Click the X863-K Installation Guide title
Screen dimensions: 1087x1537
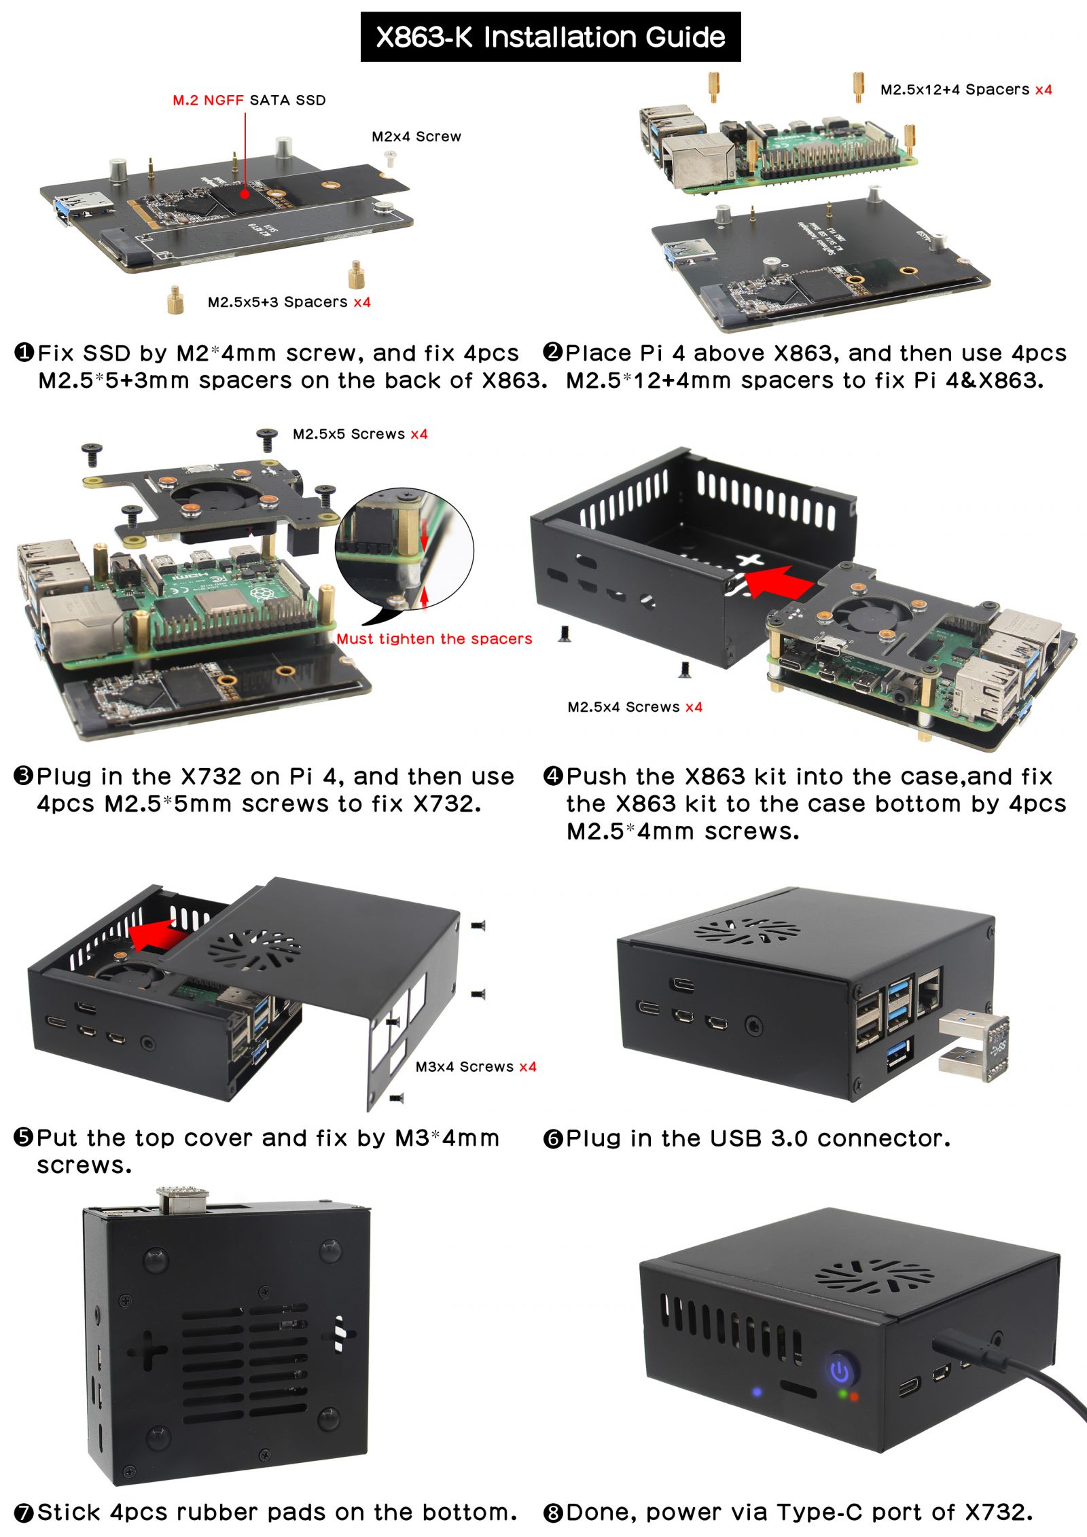click(550, 37)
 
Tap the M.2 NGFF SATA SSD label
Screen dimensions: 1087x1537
click(249, 101)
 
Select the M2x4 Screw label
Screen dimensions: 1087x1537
click(416, 137)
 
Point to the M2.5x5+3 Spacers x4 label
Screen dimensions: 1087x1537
click(289, 302)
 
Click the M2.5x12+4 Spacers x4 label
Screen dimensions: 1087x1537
click(966, 90)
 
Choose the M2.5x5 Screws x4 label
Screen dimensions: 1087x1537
click(360, 434)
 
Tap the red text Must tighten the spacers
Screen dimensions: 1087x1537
click(434, 639)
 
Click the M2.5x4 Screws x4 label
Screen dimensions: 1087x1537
click(635, 707)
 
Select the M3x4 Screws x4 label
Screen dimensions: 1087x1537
click(476, 1067)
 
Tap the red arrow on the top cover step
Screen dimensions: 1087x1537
click(158, 936)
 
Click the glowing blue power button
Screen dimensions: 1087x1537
click(841, 1370)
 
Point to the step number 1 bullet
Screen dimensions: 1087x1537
click(24, 352)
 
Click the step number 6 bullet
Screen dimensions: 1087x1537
click(553, 1139)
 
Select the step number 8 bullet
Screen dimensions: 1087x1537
click(553, 1513)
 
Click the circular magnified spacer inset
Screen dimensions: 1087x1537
click(405, 549)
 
